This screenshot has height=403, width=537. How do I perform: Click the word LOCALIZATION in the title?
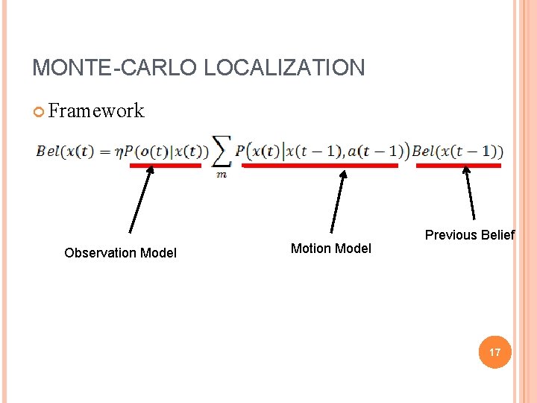(284, 68)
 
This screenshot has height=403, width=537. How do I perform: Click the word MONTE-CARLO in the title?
(115, 68)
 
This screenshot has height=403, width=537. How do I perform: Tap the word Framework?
(96, 111)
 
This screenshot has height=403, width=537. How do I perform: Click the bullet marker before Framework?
(40, 112)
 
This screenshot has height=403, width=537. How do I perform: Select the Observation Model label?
(120, 253)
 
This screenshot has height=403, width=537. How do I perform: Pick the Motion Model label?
(330, 249)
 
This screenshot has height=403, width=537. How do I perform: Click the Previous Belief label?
(469, 235)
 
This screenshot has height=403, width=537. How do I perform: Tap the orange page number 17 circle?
(495, 352)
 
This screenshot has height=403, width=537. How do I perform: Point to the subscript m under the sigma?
(222, 175)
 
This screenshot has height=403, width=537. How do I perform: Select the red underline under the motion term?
(321, 166)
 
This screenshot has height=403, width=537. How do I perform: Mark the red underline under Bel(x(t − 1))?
(458, 166)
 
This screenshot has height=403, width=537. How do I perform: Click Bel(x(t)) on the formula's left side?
(65, 151)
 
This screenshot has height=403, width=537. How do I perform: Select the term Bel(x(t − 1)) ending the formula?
(457, 151)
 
